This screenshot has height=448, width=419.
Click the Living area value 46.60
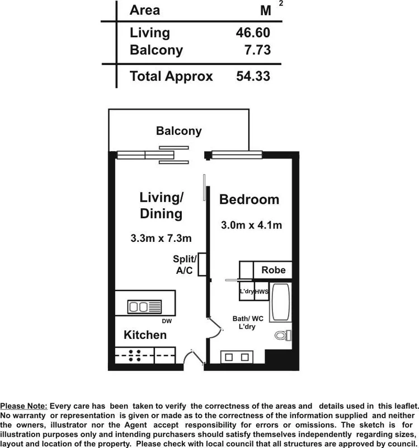253,32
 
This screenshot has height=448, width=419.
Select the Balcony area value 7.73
257,50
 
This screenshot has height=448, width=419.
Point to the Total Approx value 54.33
253,76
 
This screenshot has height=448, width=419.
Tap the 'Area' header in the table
144,10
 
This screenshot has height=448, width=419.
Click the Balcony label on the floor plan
178,132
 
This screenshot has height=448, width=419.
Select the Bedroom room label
249,199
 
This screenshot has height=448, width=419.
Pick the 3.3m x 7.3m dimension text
161,238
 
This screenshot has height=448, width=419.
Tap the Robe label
274,270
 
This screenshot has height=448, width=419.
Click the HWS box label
262,292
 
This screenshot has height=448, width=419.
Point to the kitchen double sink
144,306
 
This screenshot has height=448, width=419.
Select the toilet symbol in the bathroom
281,335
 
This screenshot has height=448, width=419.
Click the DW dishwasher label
167,321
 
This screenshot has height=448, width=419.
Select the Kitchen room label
145,335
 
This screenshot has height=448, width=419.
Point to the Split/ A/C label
185,265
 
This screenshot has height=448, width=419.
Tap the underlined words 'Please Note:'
24,405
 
